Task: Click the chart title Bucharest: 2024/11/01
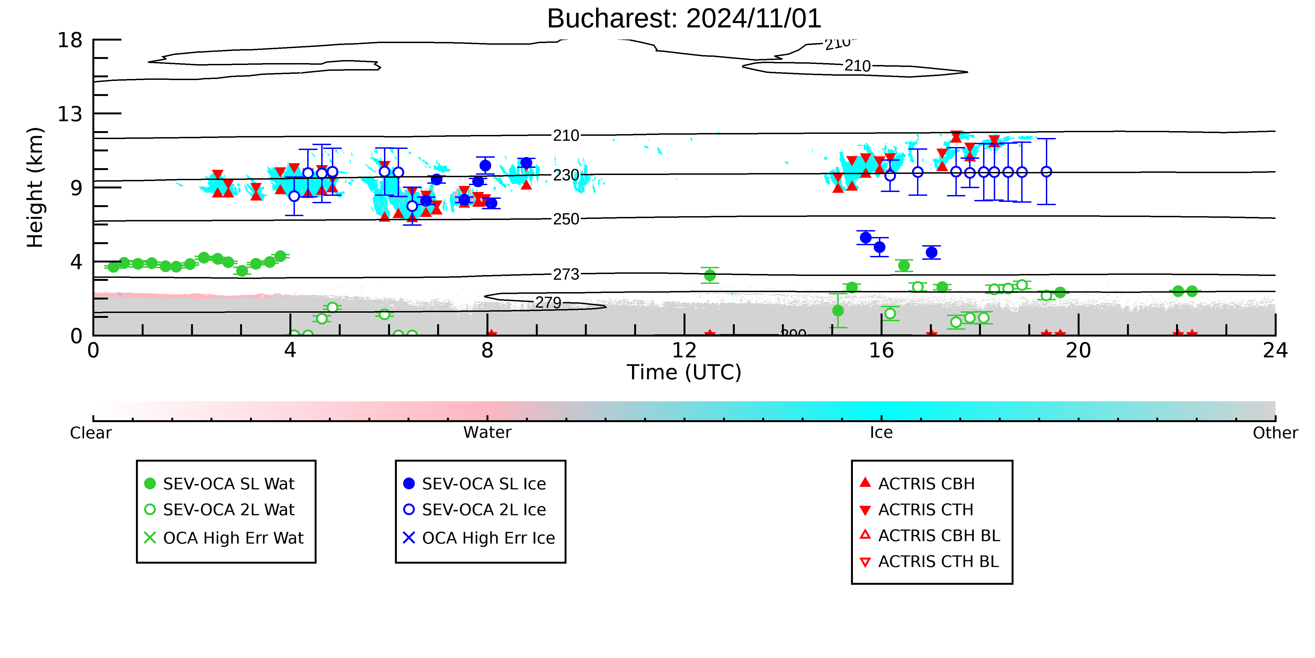tap(684, 19)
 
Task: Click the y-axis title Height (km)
tap(35, 188)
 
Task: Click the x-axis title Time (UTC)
tap(684, 372)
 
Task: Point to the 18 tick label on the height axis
tap(70, 40)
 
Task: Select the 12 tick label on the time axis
tap(684, 351)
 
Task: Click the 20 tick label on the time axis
tap(1078, 351)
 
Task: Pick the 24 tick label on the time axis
tap(1275, 351)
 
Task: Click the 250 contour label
tap(566, 219)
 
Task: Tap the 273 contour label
tap(566, 274)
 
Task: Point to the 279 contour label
tap(548, 303)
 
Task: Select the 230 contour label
tap(566, 175)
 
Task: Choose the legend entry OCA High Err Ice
tap(479, 538)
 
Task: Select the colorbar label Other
tap(1275, 433)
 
